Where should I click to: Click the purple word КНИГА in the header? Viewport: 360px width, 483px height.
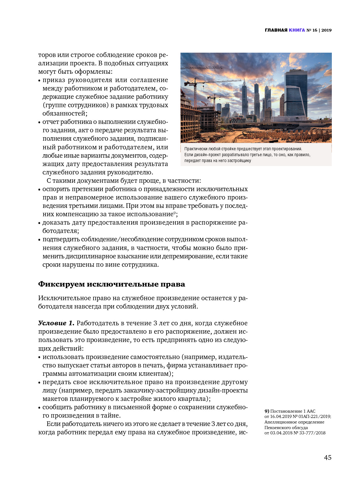click(x=297, y=30)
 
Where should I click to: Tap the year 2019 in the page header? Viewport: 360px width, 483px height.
click(x=326, y=30)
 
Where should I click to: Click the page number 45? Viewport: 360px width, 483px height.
click(x=327, y=457)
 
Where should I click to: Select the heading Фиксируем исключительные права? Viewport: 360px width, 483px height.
click(x=111, y=284)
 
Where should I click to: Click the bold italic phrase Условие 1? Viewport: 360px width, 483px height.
click(x=56, y=323)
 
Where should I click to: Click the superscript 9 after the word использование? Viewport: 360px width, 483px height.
click(x=175, y=213)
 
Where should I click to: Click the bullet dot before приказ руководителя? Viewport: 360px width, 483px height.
click(x=39, y=81)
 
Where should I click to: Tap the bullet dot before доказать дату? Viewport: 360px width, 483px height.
click(x=39, y=223)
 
